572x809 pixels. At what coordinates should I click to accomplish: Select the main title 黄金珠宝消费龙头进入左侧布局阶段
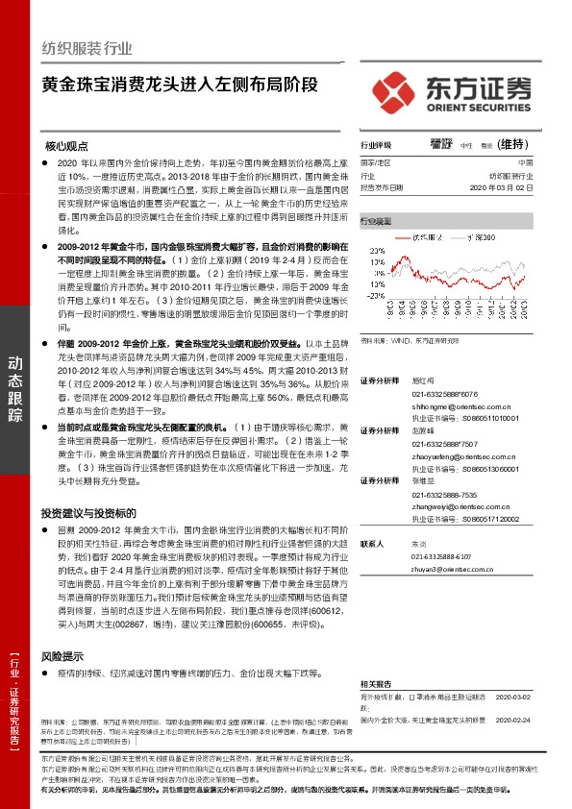pyautogui.click(x=179, y=84)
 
